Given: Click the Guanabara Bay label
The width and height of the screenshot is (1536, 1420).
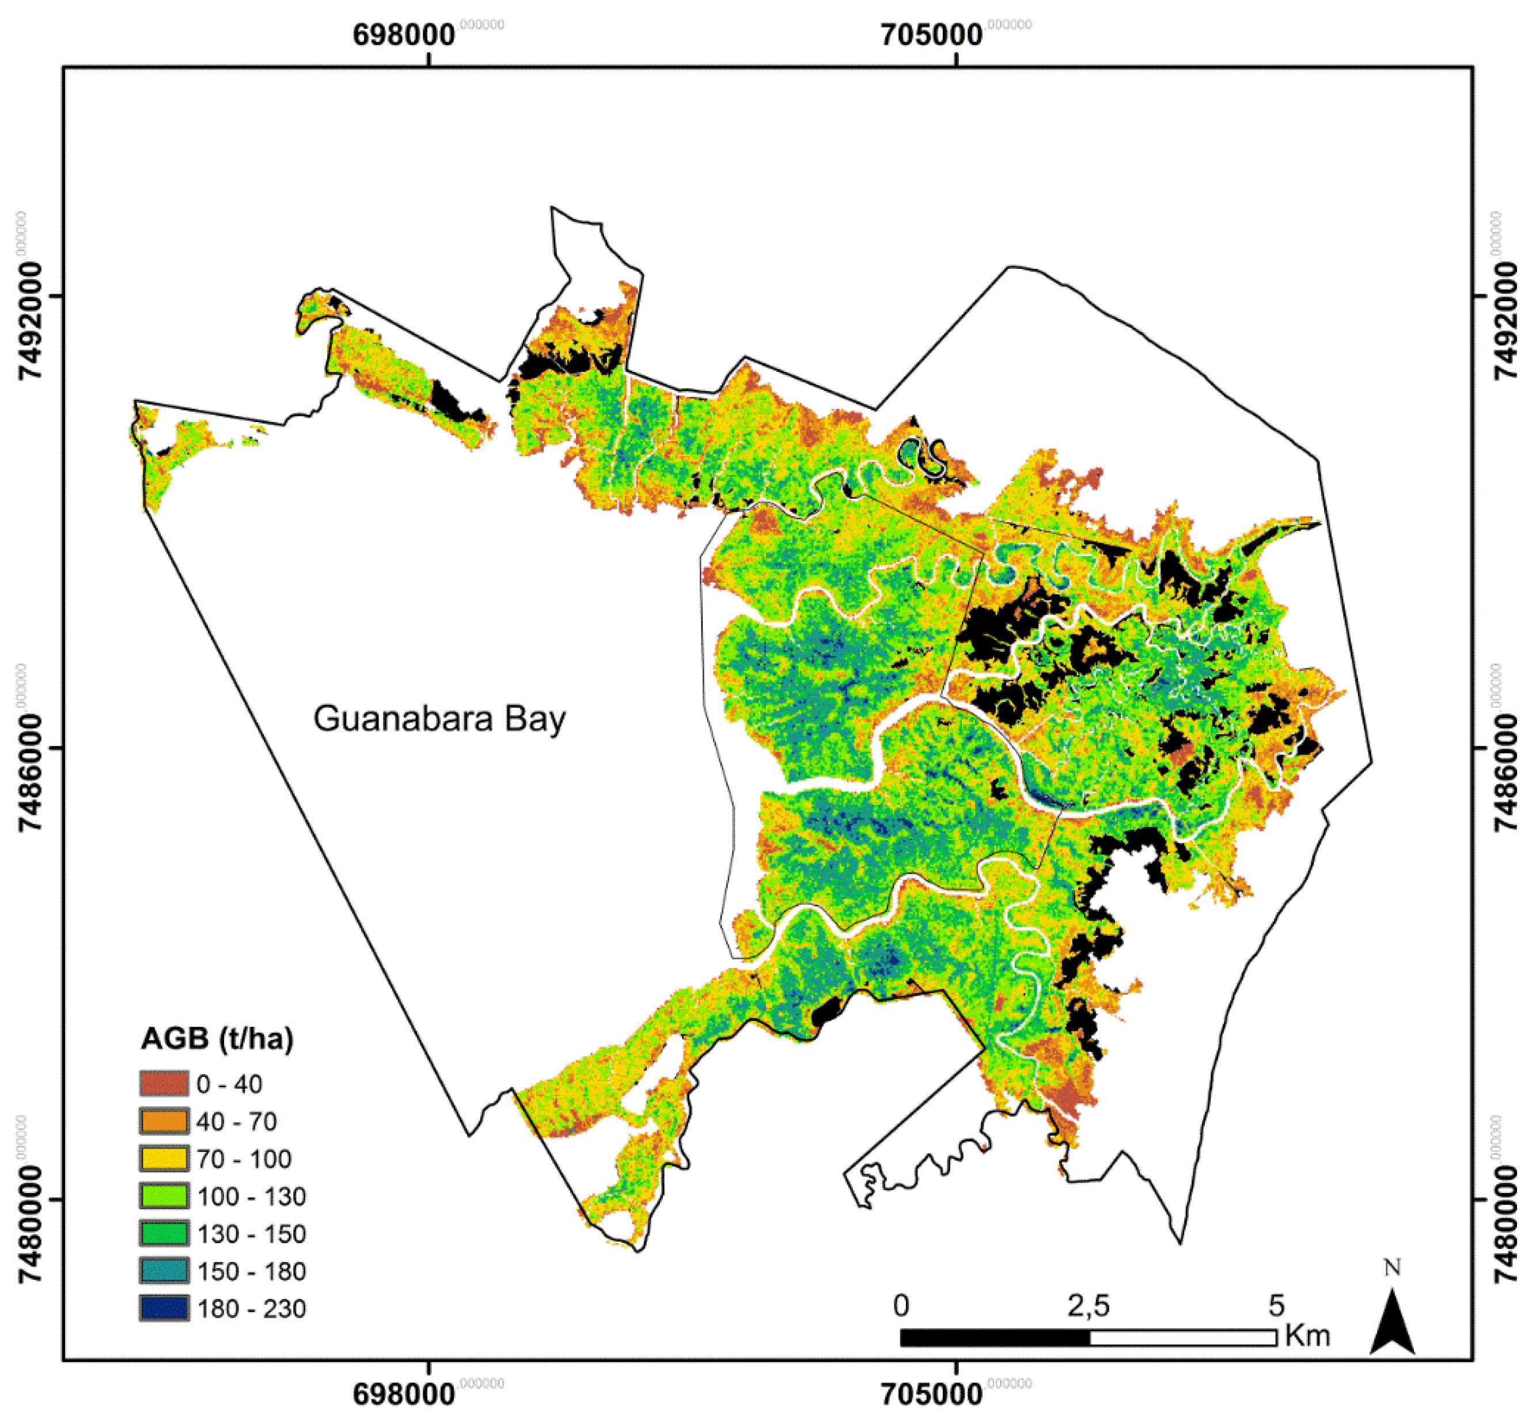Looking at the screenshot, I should pyautogui.click(x=439, y=719).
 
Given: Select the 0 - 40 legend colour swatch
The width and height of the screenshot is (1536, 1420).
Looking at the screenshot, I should pyautogui.click(x=164, y=1084).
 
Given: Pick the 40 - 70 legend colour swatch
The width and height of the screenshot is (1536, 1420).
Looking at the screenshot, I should pyautogui.click(x=164, y=1121).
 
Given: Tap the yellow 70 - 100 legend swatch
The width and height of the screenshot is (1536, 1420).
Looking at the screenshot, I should pyautogui.click(x=164, y=1159).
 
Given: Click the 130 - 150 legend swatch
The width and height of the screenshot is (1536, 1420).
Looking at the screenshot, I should pyautogui.click(x=164, y=1234).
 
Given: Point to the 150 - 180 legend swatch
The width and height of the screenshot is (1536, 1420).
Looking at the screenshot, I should pyautogui.click(x=164, y=1271).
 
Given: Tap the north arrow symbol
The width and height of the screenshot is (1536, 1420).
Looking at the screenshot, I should pyautogui.click(x=1393, y=1323).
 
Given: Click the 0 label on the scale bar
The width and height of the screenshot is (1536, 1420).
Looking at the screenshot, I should pyautogui.click(x=901, y=1305).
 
